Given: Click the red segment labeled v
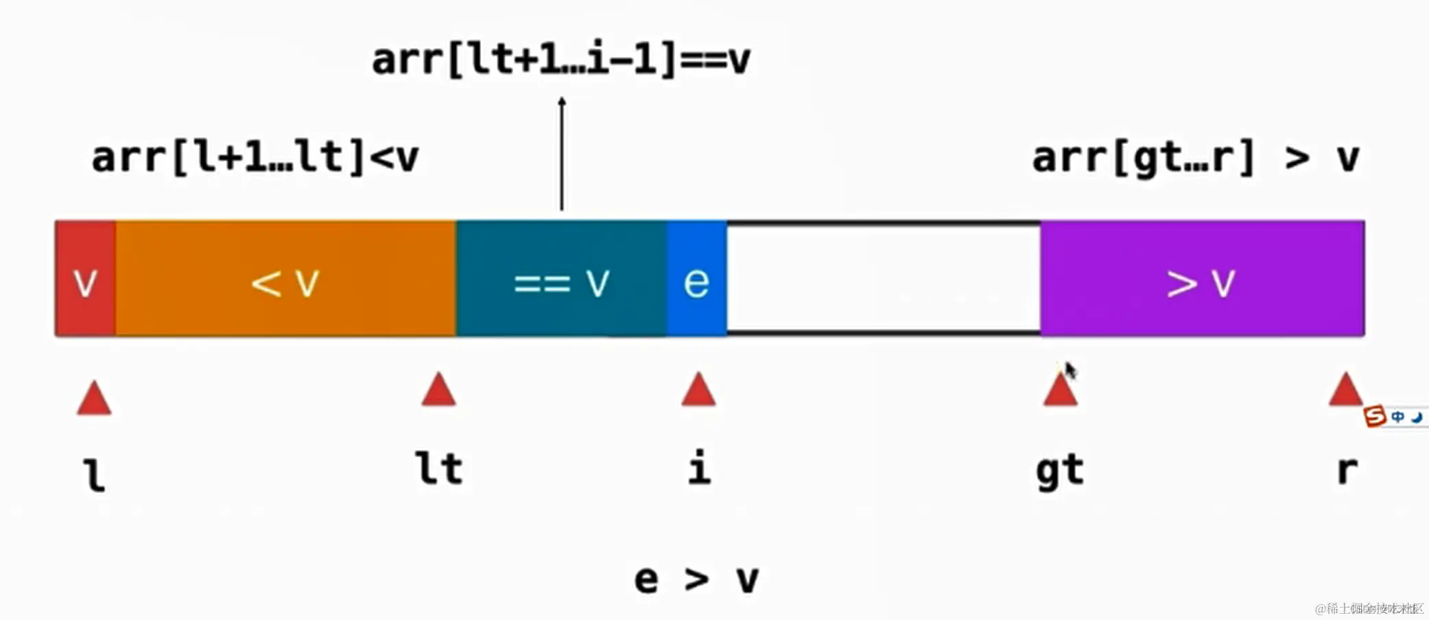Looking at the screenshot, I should point(85,279).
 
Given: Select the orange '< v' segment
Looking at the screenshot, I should point(285,279).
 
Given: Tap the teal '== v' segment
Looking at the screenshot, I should point(561,279).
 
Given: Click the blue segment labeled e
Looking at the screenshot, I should point(696,279).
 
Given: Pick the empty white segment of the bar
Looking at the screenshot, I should point(884,279).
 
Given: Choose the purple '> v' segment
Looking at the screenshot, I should point(1202,279).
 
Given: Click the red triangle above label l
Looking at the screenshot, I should point(94,399).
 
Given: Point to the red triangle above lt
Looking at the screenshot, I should point(439,391).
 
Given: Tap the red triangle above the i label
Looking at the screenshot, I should point(698,391).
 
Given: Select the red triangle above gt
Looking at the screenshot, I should point(1060,391).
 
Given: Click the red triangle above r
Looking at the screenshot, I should point(1345,391).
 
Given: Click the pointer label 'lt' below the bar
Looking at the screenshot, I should point(440,469).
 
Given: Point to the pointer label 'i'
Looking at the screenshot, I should point(699,469).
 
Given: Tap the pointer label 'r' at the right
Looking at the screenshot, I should point(1347,471).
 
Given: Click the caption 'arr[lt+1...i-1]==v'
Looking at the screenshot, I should point(560,60).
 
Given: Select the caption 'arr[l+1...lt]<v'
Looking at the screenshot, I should point(255,157).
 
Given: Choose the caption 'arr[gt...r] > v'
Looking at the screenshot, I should point(1196,158).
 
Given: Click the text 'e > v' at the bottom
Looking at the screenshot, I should point(696,579).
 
